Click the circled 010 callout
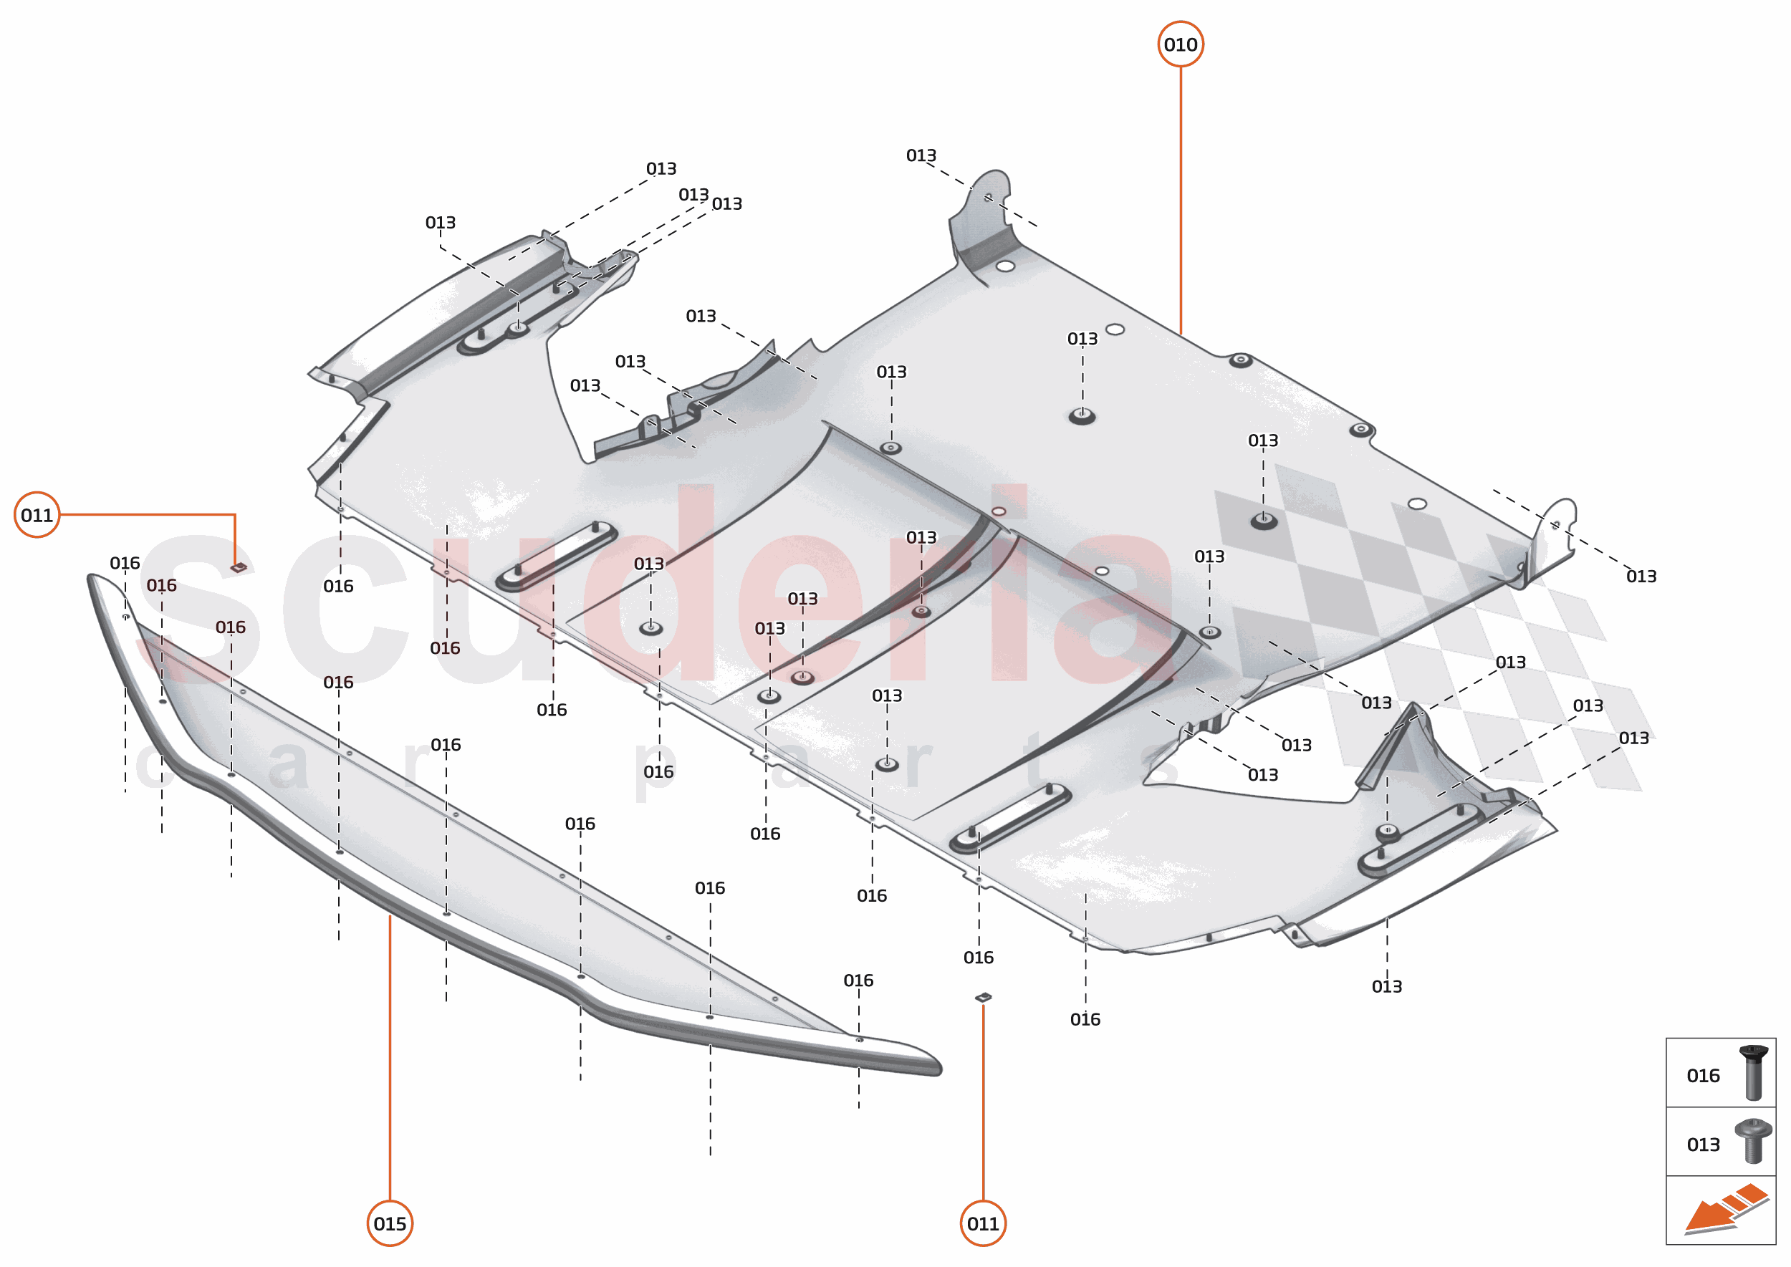(1180, 44)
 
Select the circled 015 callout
(390, 1223)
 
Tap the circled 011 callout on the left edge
(37, 515)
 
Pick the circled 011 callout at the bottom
(982, 1223)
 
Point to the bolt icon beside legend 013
(1753, 1142)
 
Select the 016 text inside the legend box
(1703, 1076)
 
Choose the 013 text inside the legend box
(1703, 1145)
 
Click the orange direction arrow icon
(1724, 1209)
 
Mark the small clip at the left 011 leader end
(239, 567)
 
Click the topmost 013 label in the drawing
(921, 155)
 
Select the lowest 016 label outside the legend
(1085, 1019)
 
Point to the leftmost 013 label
(440, 222)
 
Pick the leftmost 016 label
(125, 562)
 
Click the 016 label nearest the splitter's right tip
(858, 980)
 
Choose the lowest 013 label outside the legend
(1387, 986)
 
